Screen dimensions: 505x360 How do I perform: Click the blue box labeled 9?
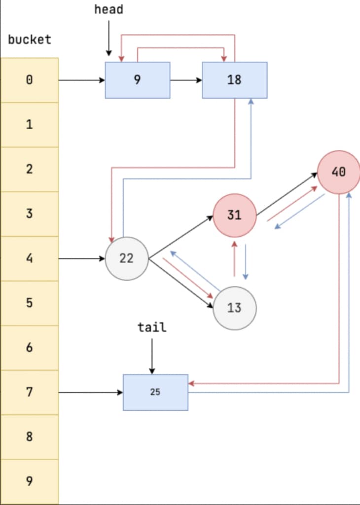(x=137, y=80)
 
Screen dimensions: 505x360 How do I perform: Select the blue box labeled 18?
(x=234, y=80)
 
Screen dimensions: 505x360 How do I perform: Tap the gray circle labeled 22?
(x=127, y=258)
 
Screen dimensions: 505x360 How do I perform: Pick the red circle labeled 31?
(x=234, y=216)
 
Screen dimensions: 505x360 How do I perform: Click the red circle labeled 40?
(x=338, y=172)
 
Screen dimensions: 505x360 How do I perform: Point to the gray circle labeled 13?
(x=234, y=308)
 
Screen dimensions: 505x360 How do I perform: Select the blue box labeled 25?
(x=155, y=393)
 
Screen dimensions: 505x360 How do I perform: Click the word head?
(x=108, y=9)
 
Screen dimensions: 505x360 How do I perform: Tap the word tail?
(x=151, y=327)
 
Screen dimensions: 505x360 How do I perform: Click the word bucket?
(x=30, y=39)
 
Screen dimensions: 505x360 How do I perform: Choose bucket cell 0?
(x=30, y=80)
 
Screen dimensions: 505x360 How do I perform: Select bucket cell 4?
(x=30, y=258)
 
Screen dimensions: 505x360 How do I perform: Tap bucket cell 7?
(x=30, y=392)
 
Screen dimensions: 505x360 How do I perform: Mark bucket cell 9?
(x=30, y=481)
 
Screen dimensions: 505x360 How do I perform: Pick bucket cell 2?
(x=30, y=169)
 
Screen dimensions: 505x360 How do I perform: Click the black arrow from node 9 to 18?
(x=186, y=80)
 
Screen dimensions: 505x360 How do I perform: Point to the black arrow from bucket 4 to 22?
(x=82, y=258)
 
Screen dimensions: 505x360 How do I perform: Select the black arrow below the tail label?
(x=152, y=355)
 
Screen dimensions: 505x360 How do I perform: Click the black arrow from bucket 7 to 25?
(x=91, y=393)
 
